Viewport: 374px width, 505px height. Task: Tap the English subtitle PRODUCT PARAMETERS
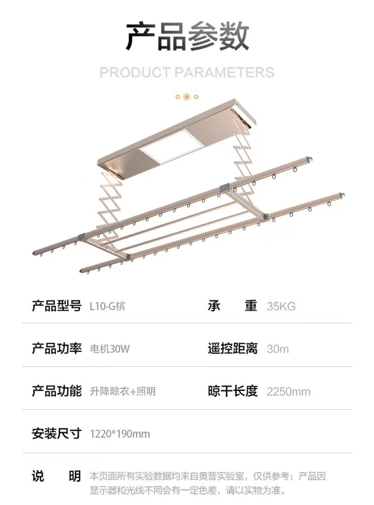pyautogui.click(x=187, y=72)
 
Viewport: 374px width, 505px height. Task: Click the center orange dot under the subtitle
pyautogui.click(x=187, y=97)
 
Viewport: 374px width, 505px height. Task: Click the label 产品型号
pyautogui.click(x=56, y=306)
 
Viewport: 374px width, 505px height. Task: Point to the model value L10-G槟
pyautogui.click(x=107, y=306)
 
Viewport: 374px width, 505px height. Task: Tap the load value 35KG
pyautogui.click(x=281, y=306)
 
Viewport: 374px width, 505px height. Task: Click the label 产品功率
pyautogui.click(x=56, y=348)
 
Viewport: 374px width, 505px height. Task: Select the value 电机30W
pyautogui.click(x=110, y=349)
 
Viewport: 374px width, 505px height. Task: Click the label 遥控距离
pyautogui.click(x=232, y=348)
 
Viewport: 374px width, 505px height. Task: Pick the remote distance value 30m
pyautogui.click(x=278, y=349)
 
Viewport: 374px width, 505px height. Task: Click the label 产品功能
pyautogui.click(x=56, y=391)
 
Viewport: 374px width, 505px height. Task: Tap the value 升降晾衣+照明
pyautogui.click(x=123, y=391)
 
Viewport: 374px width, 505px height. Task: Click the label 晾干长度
pyautogui.click(x=232, y=391)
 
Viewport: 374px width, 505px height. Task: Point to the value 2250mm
pyautogui.click(x=288, y=392)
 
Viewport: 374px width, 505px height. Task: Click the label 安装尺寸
pyautogui.click(x=56, y=433)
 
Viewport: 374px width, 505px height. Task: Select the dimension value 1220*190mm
pyautogui.click(x=120, y=434)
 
